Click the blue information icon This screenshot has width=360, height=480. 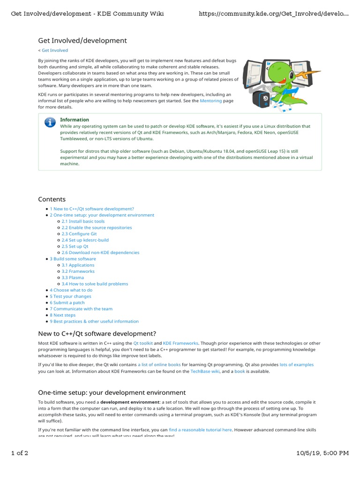50,123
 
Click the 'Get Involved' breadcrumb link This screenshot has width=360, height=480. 54,50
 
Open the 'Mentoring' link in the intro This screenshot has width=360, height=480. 210,101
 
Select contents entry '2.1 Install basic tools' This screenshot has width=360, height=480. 83,221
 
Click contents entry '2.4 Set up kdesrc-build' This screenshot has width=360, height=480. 85,240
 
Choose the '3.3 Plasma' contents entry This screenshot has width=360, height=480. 73,277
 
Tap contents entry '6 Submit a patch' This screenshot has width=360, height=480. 67,302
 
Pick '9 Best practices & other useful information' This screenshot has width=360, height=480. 94,321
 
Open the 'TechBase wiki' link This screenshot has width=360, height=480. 204,371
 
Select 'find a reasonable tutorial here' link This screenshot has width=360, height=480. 200,429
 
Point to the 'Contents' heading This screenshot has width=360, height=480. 52,199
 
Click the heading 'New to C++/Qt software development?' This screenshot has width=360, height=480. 97,334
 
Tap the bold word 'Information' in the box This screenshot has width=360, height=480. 75,120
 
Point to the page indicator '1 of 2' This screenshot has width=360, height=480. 20,453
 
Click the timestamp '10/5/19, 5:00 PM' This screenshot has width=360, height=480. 323,453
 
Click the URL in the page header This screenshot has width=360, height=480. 274,14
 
